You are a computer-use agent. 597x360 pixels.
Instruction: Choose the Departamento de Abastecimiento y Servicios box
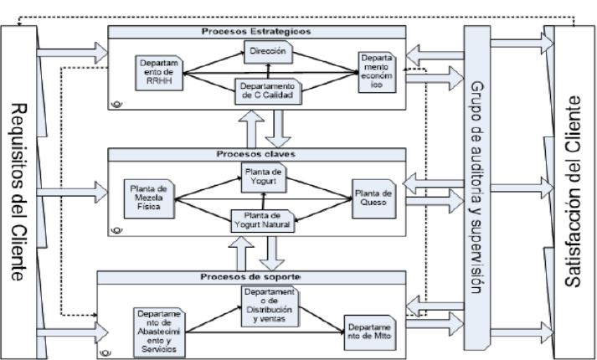[x=162, y=329]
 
